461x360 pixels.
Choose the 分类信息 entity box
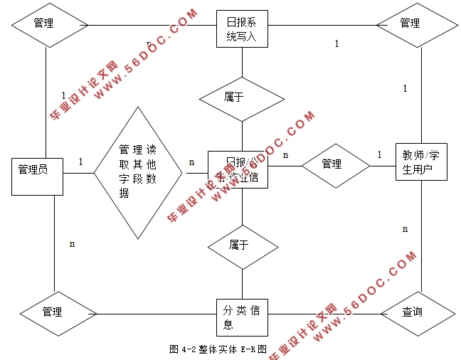(242, 317)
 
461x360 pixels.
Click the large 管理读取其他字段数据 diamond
(138, 173)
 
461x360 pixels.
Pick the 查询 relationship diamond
(412, 312)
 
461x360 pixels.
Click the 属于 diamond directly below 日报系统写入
(242, 97)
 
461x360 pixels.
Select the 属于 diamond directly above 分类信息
(242, 245)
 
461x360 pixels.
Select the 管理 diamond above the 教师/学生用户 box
(410, 23)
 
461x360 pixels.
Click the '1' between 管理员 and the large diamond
(80, 162)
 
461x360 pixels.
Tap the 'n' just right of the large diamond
(191, 162)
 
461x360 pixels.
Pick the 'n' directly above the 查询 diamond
(406, 229)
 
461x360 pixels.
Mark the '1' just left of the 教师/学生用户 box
(379, 154)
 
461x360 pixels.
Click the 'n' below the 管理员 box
(73, 244)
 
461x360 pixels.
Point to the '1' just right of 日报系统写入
(337, 44)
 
